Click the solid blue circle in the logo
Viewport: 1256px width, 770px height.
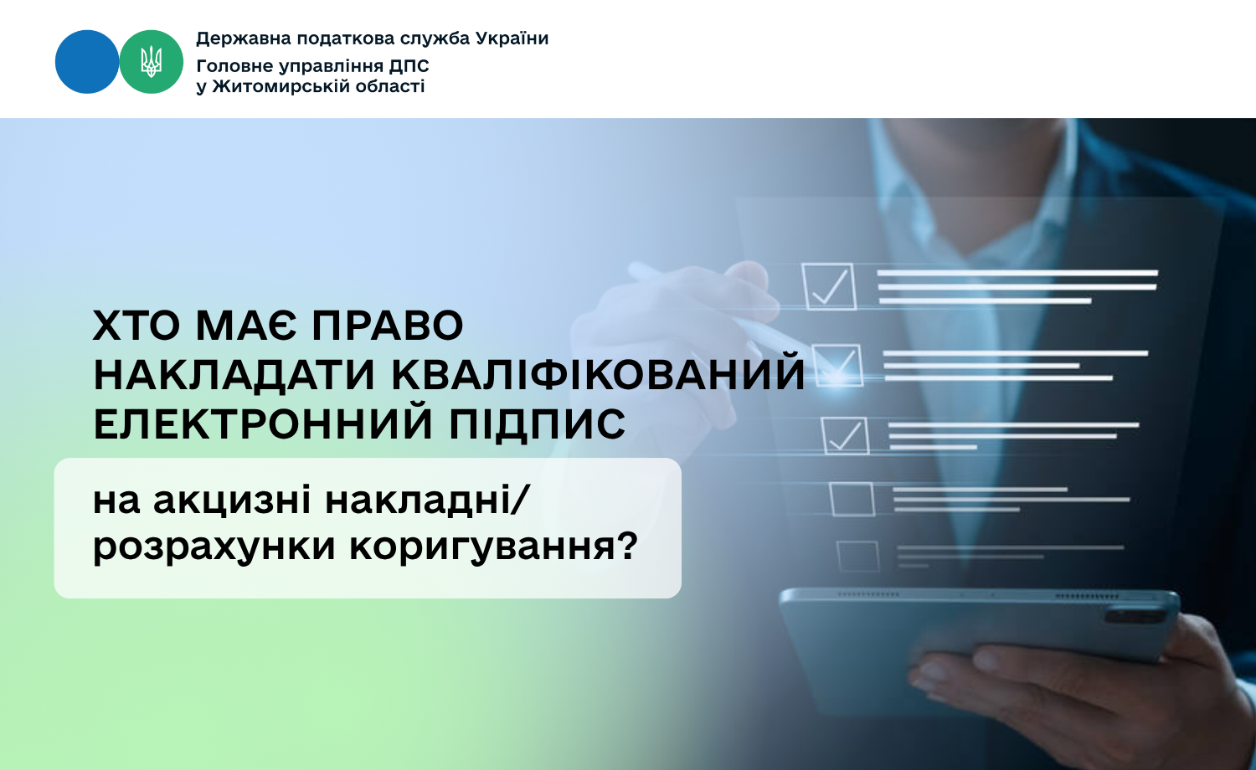point(87,62)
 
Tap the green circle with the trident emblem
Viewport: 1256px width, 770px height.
point(152,62)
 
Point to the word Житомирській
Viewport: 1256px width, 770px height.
point(279,86)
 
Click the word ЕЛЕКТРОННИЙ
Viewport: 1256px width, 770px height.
point(263,424)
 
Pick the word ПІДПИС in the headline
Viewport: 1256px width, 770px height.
point(538,424)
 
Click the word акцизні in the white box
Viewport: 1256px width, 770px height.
point(232,501)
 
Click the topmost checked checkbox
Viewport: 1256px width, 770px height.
point(829,286)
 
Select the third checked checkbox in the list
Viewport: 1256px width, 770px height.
point(845,435)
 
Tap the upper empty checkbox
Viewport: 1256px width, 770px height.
point(852,500)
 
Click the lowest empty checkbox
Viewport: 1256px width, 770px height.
point(858,557)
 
